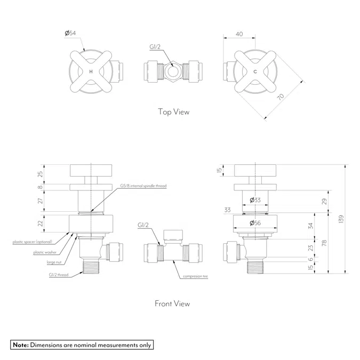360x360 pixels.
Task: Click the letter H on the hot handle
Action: [90, 71]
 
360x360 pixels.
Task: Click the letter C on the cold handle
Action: [255, 71]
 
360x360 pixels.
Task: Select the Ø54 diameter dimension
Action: [70, 34]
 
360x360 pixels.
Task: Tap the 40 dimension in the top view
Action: [239, 34]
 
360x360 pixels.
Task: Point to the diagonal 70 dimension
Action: [281, 97]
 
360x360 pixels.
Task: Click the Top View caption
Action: [173, 112]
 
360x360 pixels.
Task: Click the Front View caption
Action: [172, 303]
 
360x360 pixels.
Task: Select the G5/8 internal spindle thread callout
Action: [143, 186]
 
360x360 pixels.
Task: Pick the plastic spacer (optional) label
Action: [33, 242]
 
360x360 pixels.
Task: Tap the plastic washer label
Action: [45, 252]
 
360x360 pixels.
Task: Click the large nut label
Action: [53, 262]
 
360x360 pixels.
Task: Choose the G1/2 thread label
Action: [57, 275]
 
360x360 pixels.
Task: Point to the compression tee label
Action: [195, 277]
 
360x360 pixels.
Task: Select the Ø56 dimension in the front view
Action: [255, 223]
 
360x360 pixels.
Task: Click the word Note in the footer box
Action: [20, 345]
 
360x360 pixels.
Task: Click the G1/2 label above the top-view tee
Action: [155, 47]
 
